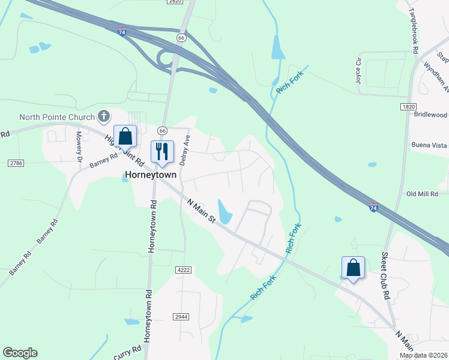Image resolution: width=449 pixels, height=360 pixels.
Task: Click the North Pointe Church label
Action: [x=57, y=117]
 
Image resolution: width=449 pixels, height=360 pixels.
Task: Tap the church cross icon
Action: [x=104, y=115]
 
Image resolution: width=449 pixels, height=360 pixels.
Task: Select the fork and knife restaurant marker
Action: [x=161, y=152]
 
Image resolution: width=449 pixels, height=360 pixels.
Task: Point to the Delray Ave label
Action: [x=186, y=149]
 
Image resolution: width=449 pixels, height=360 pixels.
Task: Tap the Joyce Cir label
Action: [x=359, y=70]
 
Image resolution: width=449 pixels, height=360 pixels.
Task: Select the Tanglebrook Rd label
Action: [x=414, y=30]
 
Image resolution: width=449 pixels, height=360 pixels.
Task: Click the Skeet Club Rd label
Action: [x=385, y=275]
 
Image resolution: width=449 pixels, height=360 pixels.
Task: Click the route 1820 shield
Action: [x=409, y=106]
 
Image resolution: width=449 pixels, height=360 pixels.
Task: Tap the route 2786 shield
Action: [x=16, y=163]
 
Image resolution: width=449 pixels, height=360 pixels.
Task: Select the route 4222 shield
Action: [x=183, y=271]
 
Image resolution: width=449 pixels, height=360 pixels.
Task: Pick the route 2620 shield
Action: [x=175, y=2]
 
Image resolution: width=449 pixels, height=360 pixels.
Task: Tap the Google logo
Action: [x=20, y=353]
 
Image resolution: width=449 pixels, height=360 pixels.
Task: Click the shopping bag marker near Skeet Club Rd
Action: [x=353, y=268]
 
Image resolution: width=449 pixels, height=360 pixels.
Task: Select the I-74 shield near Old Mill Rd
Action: [x=374, y=208]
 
